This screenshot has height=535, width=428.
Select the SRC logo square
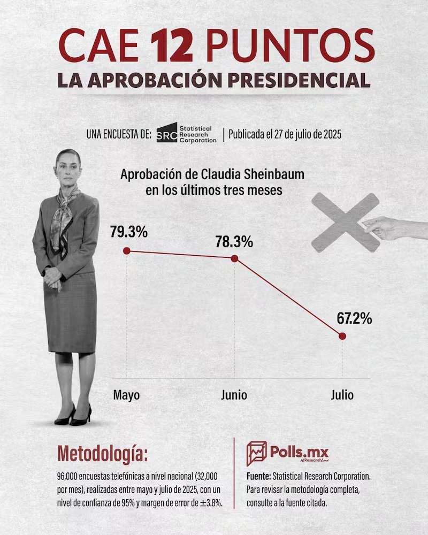pos(166,134)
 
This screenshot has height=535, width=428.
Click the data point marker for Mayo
pos(127,250)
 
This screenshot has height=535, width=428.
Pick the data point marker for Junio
pos(234,258)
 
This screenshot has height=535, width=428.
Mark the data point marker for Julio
pos(342,336)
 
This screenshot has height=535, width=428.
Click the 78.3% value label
pos(234,241)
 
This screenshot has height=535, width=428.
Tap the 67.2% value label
pos(354,319)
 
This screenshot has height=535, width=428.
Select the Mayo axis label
pos(127,395)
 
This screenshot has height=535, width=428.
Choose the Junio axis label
pos(234,395)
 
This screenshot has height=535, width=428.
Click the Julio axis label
pos(342,395)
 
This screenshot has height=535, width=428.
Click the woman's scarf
pos(63,214)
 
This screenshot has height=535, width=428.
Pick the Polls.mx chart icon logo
pos(256,453)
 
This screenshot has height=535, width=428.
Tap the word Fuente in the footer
pos(258,475)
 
